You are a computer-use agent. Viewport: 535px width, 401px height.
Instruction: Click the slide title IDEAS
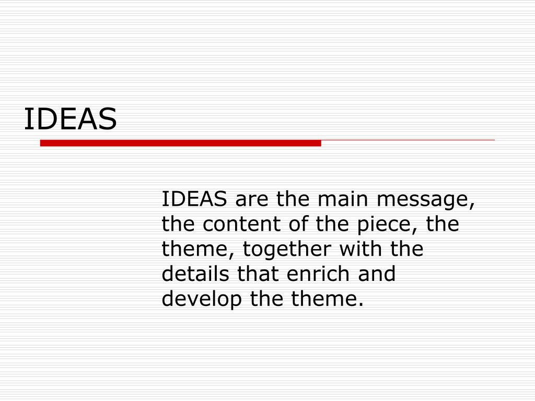(71, 120)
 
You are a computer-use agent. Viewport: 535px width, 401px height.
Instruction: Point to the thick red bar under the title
(180, 143)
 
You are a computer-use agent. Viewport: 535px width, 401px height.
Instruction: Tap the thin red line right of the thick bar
(408, 140)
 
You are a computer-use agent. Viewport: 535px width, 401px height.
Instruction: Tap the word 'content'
(241, 224)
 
